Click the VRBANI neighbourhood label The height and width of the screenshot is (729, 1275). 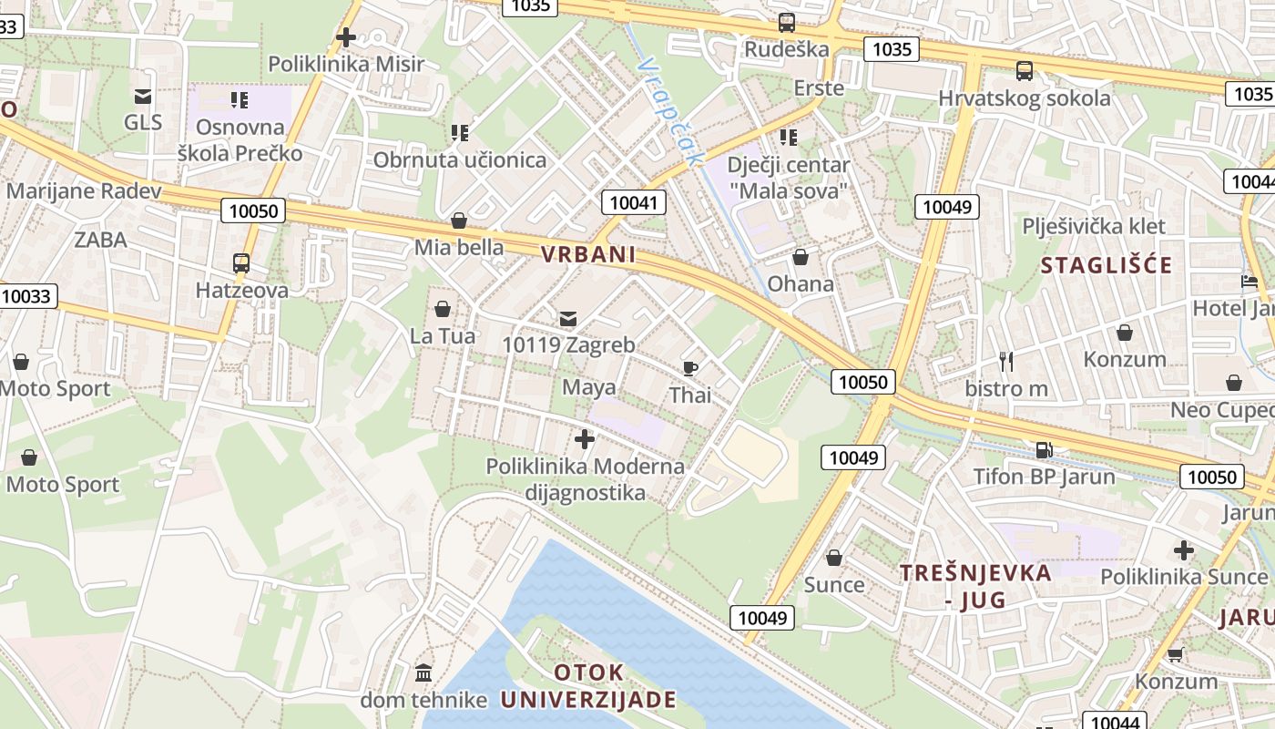pyautogui.click(x=588, y=254)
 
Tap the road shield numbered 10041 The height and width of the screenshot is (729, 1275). pyautogui.click(x=634, y=202)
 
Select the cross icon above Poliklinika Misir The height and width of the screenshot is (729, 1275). pyautogui.click(x=346, y=37)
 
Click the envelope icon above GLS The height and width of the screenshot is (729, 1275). pyautogui.click(x=142, y=96)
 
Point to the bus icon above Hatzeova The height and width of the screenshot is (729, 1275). pyautogui.click(x=241, y=263)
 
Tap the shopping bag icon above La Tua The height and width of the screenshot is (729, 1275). pyautogui.click(x=443, y=309)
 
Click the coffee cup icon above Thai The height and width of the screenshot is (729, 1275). pyautogui.click(x=690, y=368)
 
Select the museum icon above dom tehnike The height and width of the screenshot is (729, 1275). pyautogui.click(x=423, y=673)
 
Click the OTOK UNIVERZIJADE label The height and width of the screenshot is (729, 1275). pyautogui.click(x=589, y=686)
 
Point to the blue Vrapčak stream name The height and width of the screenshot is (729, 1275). pyautogui.click(x=671, y=112)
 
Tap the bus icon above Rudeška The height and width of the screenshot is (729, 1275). pyautogui.click(x=787, y=23)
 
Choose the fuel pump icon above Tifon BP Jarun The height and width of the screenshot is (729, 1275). pyautogui.click(x=1045, y=449)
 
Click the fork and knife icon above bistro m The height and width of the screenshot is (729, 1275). pyautogui.click(x=1006, y=362)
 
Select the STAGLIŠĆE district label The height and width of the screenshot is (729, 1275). pyautogui.click(x=1107, y=266)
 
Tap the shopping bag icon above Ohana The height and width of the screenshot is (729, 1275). pyautogui.click(x=801, y=257)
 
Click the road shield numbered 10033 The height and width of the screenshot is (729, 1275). pyautogui.click(x=27, y=296)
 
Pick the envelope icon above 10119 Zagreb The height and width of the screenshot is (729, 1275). pyautogui.click(x=568, y=318)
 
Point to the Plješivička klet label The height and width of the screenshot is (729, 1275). pyautogui.click(x=1094, y=226)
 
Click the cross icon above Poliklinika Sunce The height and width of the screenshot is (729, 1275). pyautogui.click(x=1184, y=549)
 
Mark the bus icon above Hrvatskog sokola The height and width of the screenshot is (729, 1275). pyautogui.click(x=1025, y=71)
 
